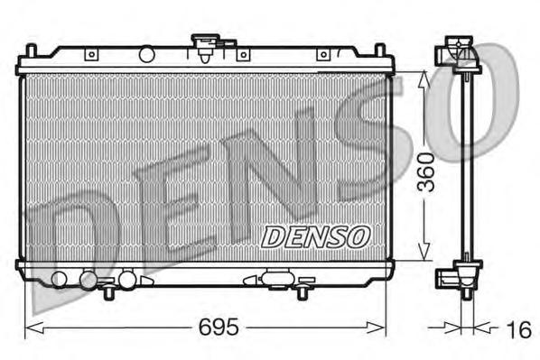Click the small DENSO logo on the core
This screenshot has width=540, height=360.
click(316, 236)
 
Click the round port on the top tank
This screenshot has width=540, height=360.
click(147, 55)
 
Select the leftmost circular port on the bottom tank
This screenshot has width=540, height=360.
click(60, 278)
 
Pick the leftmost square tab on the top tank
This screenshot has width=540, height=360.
click(90, 55)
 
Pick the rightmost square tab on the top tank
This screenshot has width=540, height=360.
click(323, 55)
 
